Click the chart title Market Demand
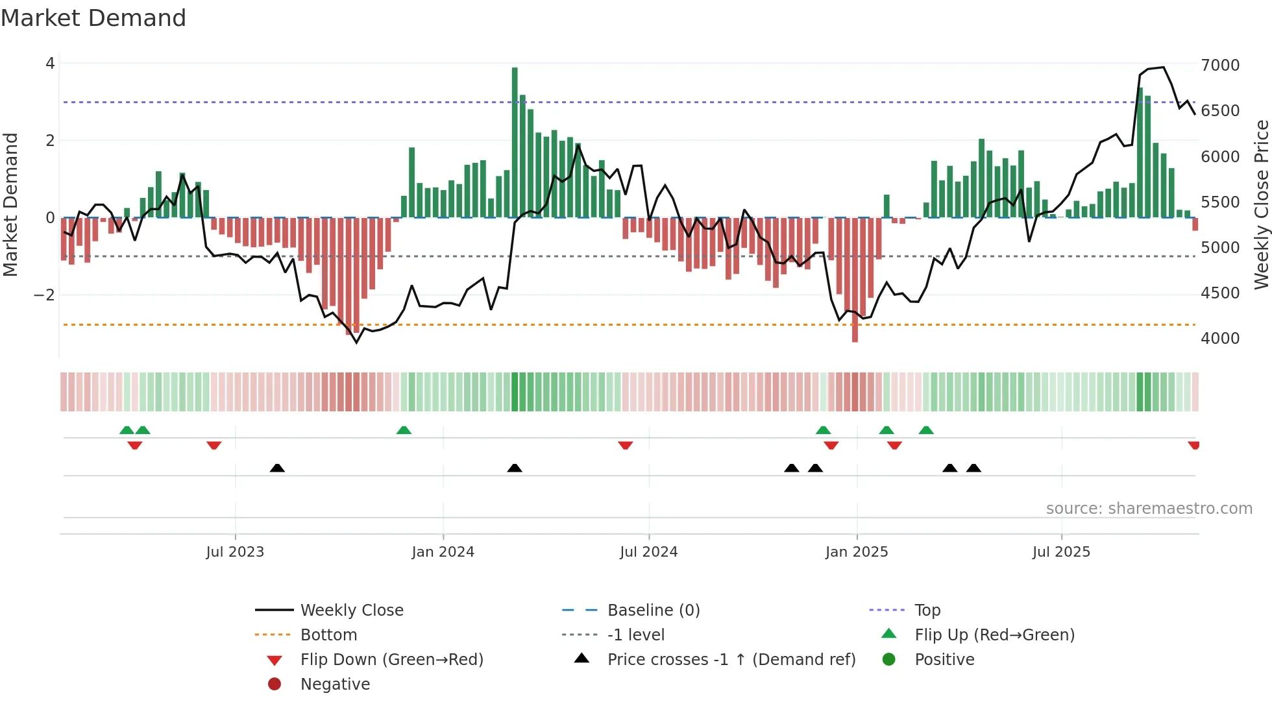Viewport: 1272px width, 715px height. (93, 18)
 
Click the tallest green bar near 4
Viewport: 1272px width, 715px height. (515, 142)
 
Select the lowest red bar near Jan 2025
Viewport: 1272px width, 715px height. (855, 280)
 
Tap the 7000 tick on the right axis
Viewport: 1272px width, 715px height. (1219, 66)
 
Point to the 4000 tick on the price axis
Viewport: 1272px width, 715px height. (1219, 339)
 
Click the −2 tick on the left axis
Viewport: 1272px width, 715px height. (44, 295)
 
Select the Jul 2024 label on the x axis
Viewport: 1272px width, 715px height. (648, 552)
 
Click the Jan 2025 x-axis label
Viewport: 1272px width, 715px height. (856, 552)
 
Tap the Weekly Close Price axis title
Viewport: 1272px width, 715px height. (1261, 204)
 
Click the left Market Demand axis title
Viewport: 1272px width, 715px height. (11, 204)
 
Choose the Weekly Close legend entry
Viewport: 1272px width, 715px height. (351, 611)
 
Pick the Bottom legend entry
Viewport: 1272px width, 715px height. (328, 635)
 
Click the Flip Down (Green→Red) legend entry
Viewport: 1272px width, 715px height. (391, 660)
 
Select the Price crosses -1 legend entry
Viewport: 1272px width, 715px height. (731, 660)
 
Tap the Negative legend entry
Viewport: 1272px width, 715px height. (335, 685)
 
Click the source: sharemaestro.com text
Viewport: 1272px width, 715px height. (1149, 509)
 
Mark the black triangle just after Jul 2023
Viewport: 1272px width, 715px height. (277, 468)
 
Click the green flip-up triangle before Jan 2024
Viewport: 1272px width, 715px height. (404, 430)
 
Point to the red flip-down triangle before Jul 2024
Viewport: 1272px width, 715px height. (625, 445)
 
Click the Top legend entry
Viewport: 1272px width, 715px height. (927, 611)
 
